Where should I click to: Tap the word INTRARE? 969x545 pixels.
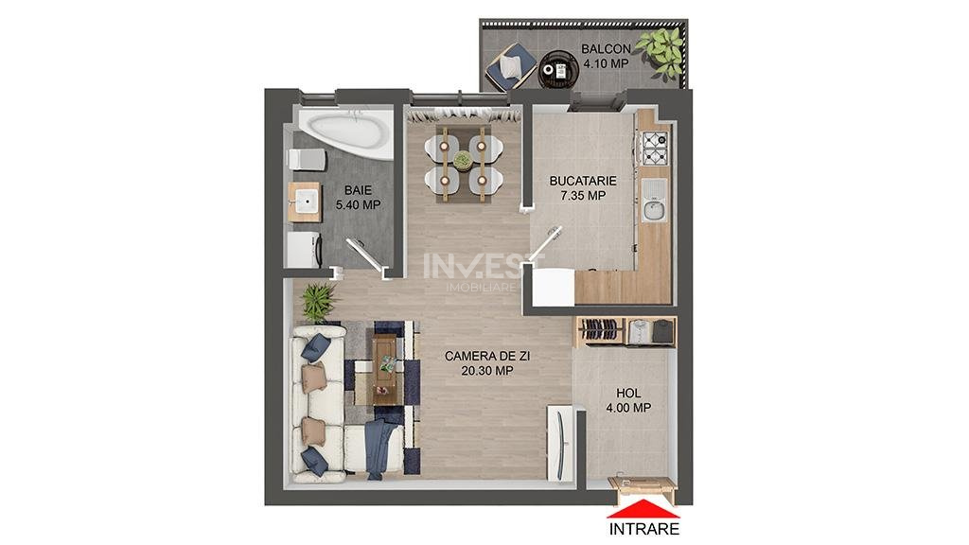click(x=643, y=529)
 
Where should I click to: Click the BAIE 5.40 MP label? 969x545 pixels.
click(x=358, y=197)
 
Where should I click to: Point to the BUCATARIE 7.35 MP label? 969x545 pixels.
click(x=583, y=188)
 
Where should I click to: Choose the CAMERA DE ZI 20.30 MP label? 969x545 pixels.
click(x=487, y=363)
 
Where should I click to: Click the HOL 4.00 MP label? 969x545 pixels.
click(x=628, y=400)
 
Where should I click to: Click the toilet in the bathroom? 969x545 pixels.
click(x=308, y=159)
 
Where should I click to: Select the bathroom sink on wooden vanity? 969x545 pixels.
click(x=305, y=202)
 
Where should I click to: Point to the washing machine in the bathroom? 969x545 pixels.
click(x=304, y=250)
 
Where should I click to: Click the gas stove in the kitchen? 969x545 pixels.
click(x=655, y=149)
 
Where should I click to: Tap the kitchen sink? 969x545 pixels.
click(x=654, y=201)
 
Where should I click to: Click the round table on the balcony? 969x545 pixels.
click(x=559, y=70)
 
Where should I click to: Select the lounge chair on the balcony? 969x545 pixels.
click(x=510, y=65)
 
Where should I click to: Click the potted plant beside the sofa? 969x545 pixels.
click(x=320, y=302)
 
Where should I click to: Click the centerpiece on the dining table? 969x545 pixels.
click(x=462, y=161)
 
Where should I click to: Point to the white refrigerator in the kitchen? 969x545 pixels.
click(x=553, y=287)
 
